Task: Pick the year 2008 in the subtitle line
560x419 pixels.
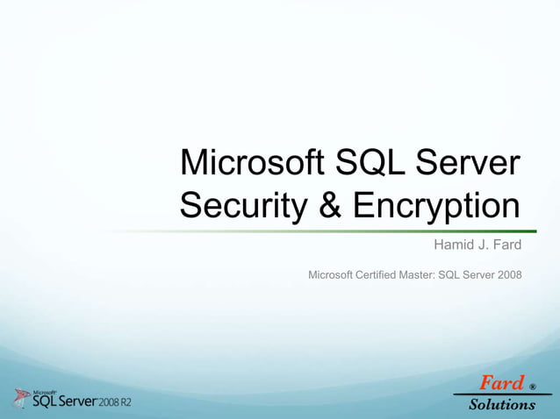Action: click(x=506, y=275)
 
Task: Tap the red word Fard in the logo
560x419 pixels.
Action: click(x=500, y=383)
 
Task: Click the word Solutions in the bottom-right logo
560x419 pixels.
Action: click(x=502, y=404)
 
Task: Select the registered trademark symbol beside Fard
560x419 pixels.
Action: click(x=532, y=386)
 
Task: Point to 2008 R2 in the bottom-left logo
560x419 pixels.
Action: click(x=113, y=402)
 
